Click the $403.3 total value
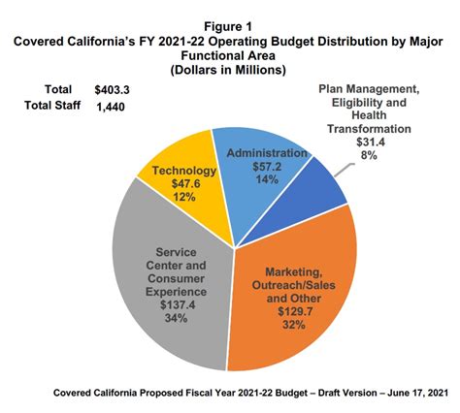112,90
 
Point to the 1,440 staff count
111,107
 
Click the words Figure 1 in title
228,27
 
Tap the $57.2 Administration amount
267,167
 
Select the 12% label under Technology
184,197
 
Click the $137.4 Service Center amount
178,305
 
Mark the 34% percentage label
176,318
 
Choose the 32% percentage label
294,325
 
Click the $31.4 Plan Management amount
371,143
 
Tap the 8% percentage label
369,155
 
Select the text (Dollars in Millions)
228,70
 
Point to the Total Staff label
52,106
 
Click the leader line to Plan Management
345,170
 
